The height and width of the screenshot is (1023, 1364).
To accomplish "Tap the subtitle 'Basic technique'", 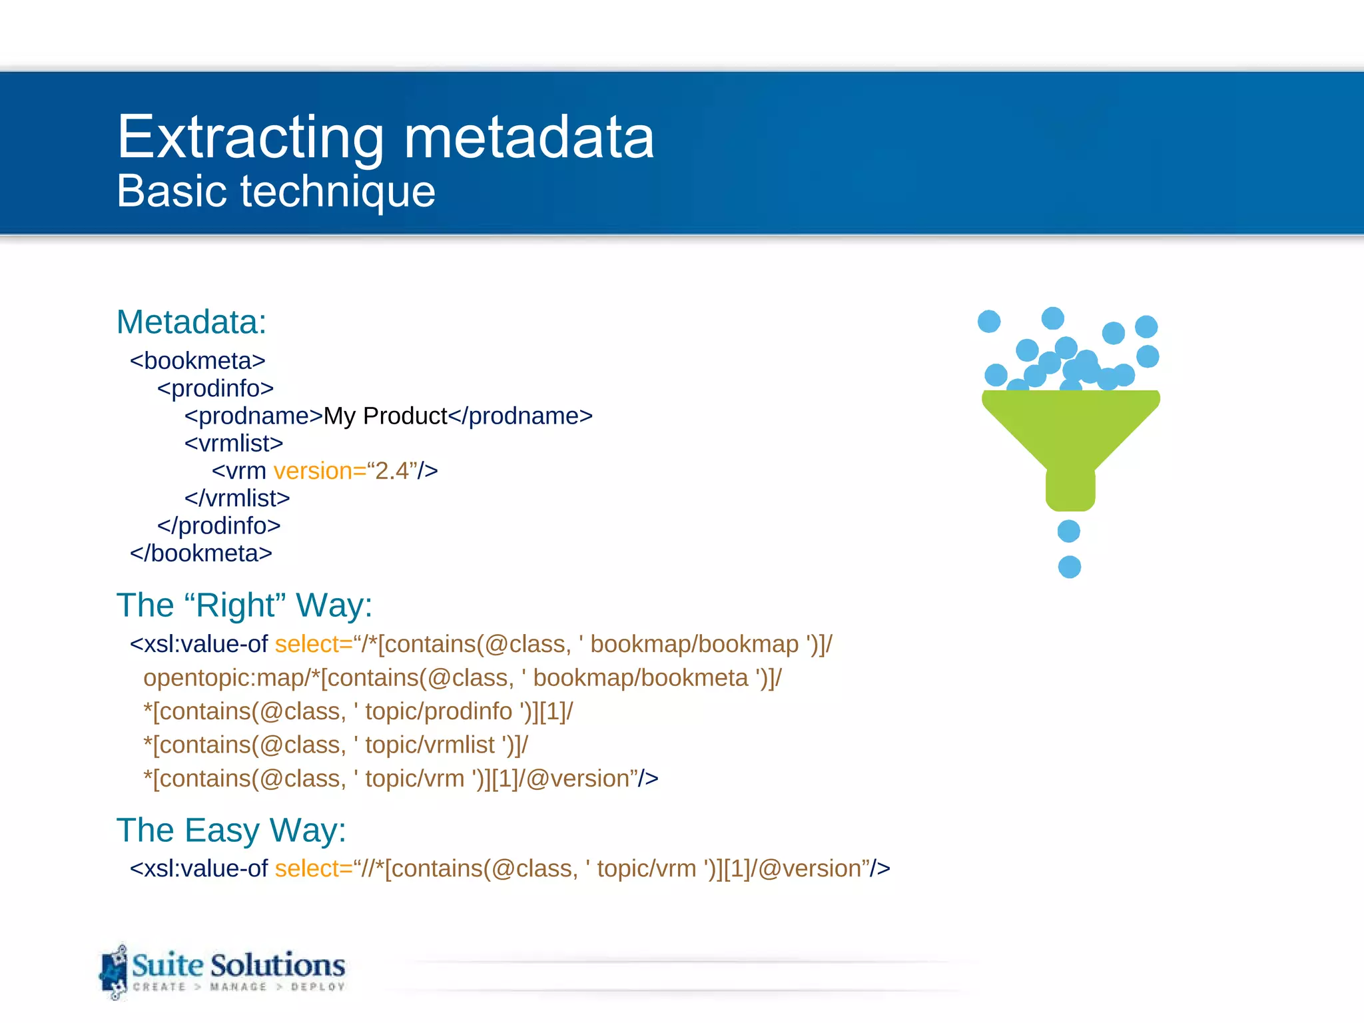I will tap(276, 191).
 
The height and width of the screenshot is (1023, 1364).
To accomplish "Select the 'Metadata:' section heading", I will tap(191, 322).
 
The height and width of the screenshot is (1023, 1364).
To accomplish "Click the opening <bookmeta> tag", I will tap(197, 361).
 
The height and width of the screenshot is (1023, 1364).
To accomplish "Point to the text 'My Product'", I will tap(385, 416).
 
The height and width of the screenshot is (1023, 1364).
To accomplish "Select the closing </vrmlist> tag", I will tap(237, 498).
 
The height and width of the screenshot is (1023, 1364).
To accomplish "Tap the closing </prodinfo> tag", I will tap(218, 526).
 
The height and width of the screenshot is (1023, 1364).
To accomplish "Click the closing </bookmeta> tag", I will tap(200, 553).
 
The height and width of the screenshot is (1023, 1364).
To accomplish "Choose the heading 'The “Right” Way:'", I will tap(244, 605).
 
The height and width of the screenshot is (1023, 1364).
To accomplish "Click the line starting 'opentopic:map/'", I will tap(462, 678).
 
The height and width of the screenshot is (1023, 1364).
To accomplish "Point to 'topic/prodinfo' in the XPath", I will tap(438, 711).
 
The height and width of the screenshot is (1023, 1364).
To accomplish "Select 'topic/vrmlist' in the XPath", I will tap(430, 745).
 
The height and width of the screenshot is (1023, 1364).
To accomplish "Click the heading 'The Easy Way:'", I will tap(231, 831).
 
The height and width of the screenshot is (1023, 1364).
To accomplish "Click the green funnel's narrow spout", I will tap(1070, 490).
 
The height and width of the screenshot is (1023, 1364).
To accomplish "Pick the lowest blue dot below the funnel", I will tap(1070, 567).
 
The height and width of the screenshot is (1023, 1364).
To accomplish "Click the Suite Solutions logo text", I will tap(238, 966).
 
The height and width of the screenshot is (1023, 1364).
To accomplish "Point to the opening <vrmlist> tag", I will tap(234, 444).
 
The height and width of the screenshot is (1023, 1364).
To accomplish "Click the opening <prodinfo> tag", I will tap(215, 388).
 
